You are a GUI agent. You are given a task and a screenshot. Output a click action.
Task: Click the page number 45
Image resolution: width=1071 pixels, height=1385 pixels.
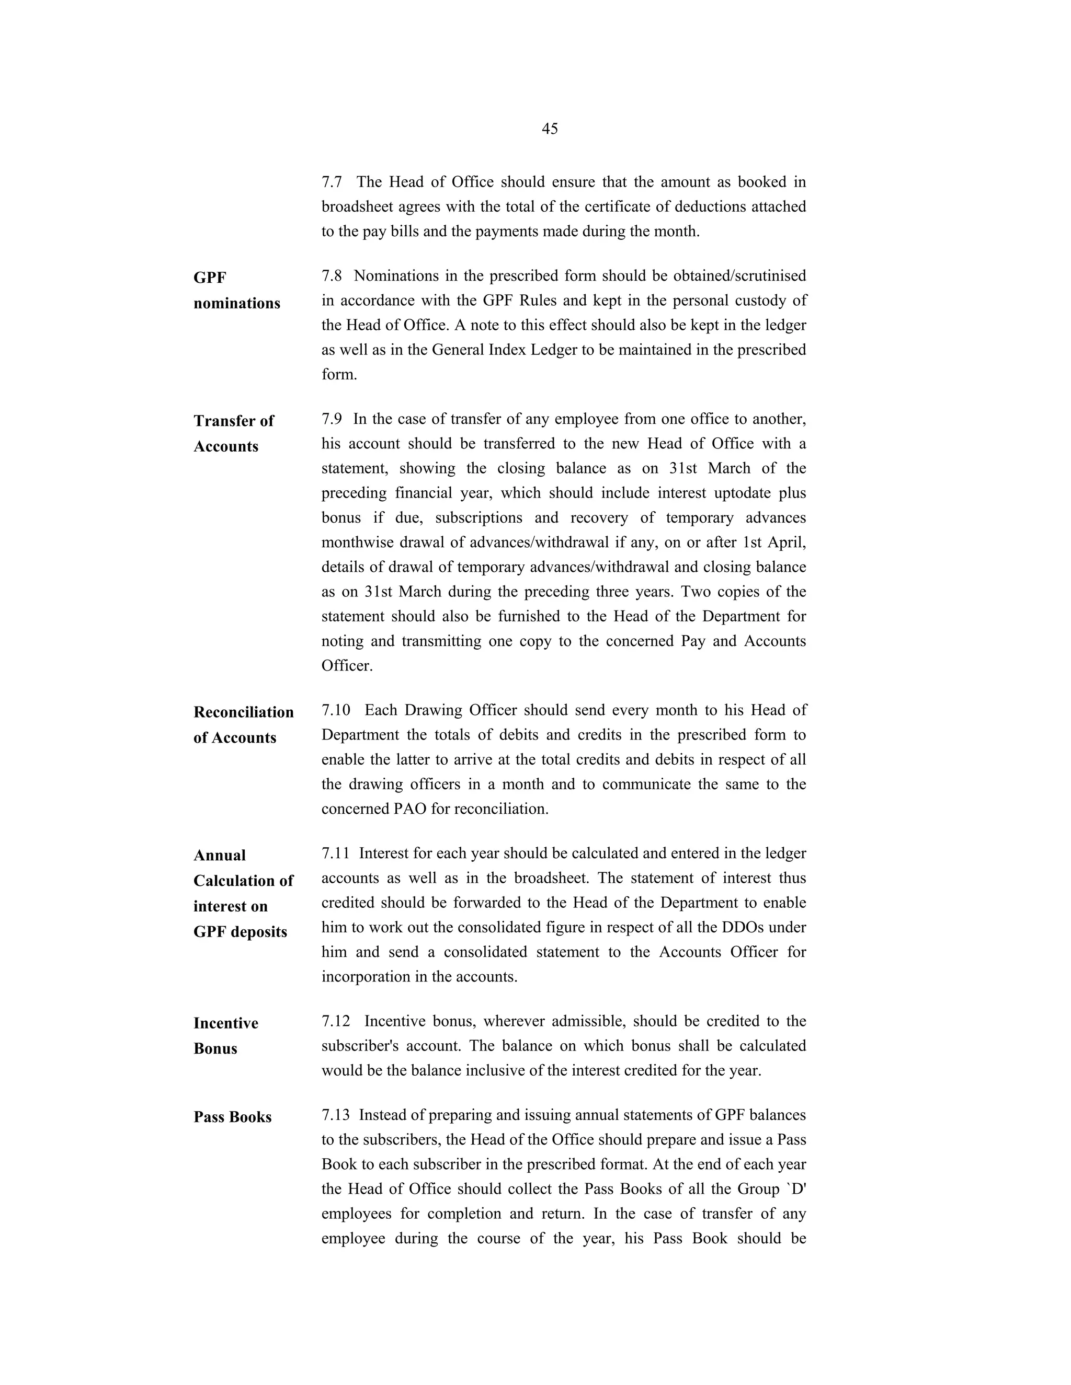(x=550, y=129)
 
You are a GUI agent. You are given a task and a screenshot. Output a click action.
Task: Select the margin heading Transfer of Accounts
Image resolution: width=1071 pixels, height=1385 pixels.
(x=233, y=434)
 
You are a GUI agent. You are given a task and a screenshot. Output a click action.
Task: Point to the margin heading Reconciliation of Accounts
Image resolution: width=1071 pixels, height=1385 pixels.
(x=243, y=725)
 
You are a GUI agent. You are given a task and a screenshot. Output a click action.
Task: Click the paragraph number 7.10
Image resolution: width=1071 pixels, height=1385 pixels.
(x=335, y=710)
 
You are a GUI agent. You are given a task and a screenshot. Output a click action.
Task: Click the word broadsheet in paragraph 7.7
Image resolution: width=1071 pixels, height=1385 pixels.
(x=357, y=207)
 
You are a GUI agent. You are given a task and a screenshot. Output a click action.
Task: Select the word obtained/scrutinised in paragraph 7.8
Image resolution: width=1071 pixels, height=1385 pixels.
(x=739, y=276)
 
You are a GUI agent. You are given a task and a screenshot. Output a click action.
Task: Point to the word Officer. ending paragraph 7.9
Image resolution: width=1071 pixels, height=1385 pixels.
(x=346, y=666)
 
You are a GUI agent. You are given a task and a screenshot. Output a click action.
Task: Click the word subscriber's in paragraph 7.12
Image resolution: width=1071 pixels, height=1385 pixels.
(x=359, y=1046)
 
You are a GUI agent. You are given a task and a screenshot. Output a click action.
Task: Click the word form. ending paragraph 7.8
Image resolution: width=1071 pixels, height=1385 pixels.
(x=339, y=374)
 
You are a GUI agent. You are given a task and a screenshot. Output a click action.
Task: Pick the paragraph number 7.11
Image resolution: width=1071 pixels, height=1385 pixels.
(x=335, y=853)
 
